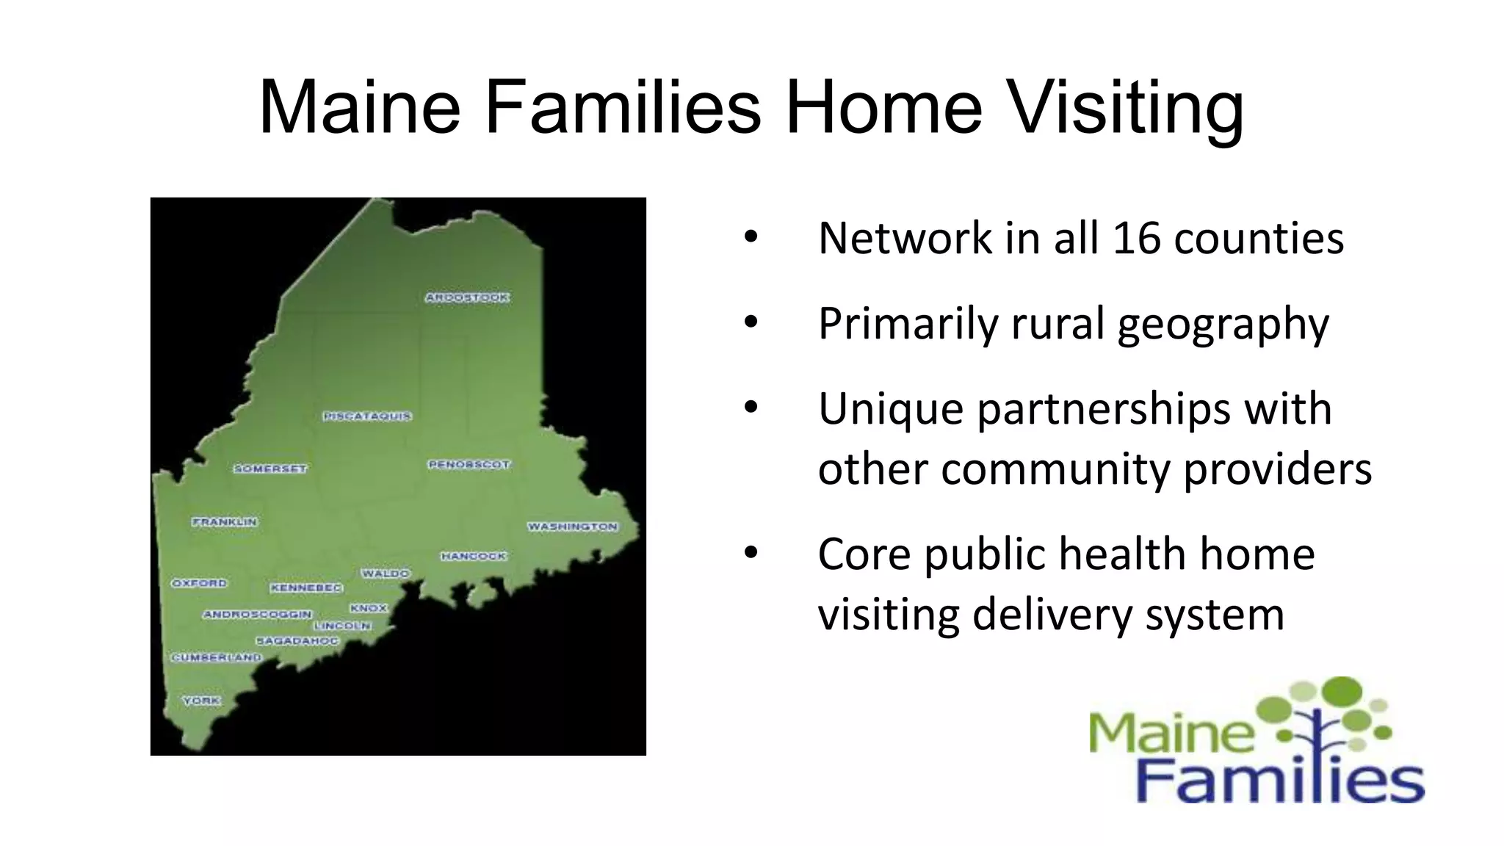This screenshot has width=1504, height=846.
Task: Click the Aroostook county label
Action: pos(467,297)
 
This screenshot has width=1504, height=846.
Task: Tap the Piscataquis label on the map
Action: pos(367,416)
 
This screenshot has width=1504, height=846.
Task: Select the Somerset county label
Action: pos(270,469)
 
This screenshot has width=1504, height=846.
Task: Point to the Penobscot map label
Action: pos(469,465)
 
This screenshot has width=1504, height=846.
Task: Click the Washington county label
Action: pos(573,527)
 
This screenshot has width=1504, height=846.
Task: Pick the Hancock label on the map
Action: pos(474,556)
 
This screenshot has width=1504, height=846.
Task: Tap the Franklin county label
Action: pos(225,521)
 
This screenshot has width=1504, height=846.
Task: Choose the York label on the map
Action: pos(201,701)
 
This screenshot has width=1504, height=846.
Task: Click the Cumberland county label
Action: pos(217,657)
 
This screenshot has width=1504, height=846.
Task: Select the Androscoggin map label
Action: pos(258,614)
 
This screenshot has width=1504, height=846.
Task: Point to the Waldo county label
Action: pos(386,573)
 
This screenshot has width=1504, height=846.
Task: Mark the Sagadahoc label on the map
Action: pos(297,641)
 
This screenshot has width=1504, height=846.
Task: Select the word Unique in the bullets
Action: pos(890,408)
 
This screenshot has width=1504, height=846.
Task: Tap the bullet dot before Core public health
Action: pos(750,553)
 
